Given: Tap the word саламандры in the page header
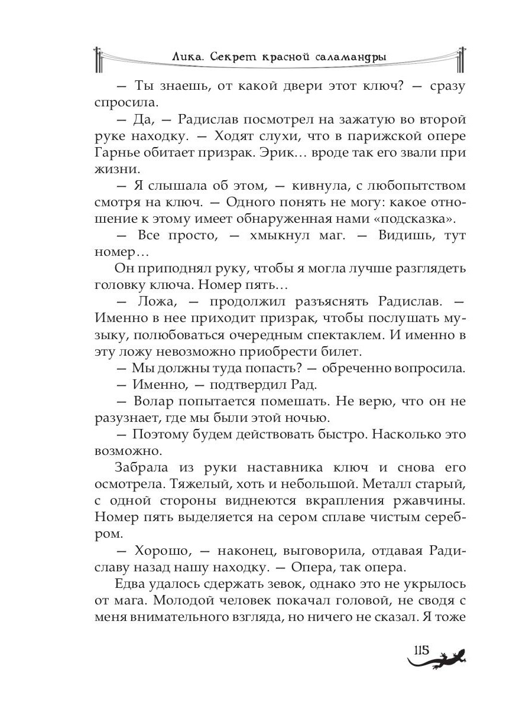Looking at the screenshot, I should coord(347,57).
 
